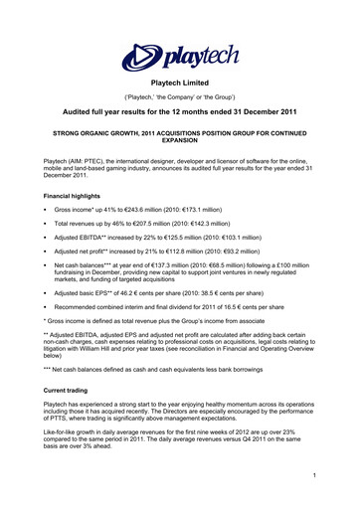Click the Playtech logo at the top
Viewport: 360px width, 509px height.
179,54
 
